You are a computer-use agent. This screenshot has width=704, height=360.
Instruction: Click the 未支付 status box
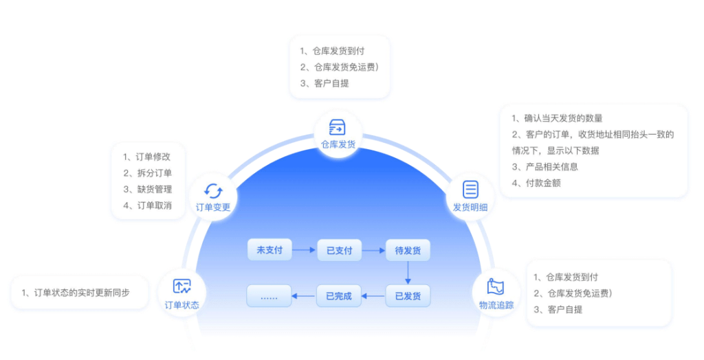click(x=269, y=250)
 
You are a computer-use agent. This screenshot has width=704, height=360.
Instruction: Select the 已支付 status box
click(x=339, y=250)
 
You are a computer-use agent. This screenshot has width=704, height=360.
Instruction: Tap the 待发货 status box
click(x=408, y=250)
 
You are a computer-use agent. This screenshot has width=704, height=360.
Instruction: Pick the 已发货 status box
click(x=408, y=296)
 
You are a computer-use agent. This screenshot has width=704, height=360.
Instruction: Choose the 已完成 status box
click(x=339, y=296)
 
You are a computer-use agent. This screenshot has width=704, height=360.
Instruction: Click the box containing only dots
click(x=269, y=296)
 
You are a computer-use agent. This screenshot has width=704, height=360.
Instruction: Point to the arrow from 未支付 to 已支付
click(x=304, y=250)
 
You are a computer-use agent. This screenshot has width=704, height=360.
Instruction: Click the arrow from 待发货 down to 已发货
click(x=408, y=273)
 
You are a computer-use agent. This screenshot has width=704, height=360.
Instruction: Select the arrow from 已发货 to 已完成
click(x=373, y=296)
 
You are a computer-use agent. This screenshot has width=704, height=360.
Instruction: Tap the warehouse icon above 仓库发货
click(x=337, y=128)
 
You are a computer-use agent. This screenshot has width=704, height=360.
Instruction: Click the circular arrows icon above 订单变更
click(x=213, y=191)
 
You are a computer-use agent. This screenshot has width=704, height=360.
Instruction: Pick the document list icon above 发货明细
click(x=470, y=190)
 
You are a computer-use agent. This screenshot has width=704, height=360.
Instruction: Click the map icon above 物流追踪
click(x=495, y=287)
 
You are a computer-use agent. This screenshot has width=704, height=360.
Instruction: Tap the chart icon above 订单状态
click(x=181, y=286)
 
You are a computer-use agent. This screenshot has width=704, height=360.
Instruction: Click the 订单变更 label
click(x=213, y=207)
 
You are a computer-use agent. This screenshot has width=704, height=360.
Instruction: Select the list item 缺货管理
click(x=155, y=189)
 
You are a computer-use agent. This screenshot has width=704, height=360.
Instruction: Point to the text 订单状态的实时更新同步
click(x=82, y=293)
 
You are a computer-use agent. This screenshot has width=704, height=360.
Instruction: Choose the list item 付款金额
click(x=543, y=183)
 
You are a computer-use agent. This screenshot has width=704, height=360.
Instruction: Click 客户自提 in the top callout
click(x=331, y=83)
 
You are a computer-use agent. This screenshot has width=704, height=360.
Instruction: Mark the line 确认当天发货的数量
click(x=563, y=118)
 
